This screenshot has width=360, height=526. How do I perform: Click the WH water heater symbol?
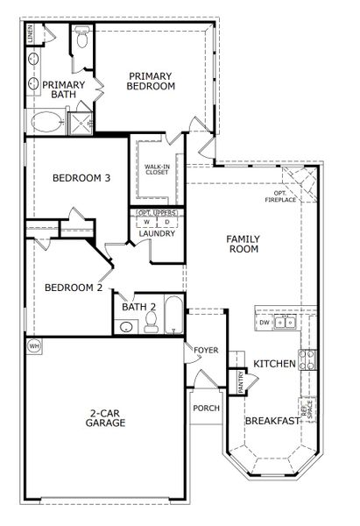pos(35,345)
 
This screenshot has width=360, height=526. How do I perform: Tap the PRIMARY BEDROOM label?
pos(151,81)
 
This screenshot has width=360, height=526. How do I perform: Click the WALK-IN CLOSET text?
pos(157,168)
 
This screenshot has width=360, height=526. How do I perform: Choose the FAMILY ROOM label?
pos(243,244)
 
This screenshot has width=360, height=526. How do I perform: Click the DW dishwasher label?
pos(264,323)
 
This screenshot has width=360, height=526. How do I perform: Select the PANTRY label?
pos(239,381)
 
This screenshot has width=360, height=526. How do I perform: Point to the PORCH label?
pos(206,408)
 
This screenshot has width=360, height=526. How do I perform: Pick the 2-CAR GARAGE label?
pos(106,417)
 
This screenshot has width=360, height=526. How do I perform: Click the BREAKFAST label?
pos(272,421)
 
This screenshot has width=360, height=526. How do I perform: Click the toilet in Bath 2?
pos(151,325)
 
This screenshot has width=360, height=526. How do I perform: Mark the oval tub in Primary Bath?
pos(44,120)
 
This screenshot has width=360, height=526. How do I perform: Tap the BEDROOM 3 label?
pos(81,178)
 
